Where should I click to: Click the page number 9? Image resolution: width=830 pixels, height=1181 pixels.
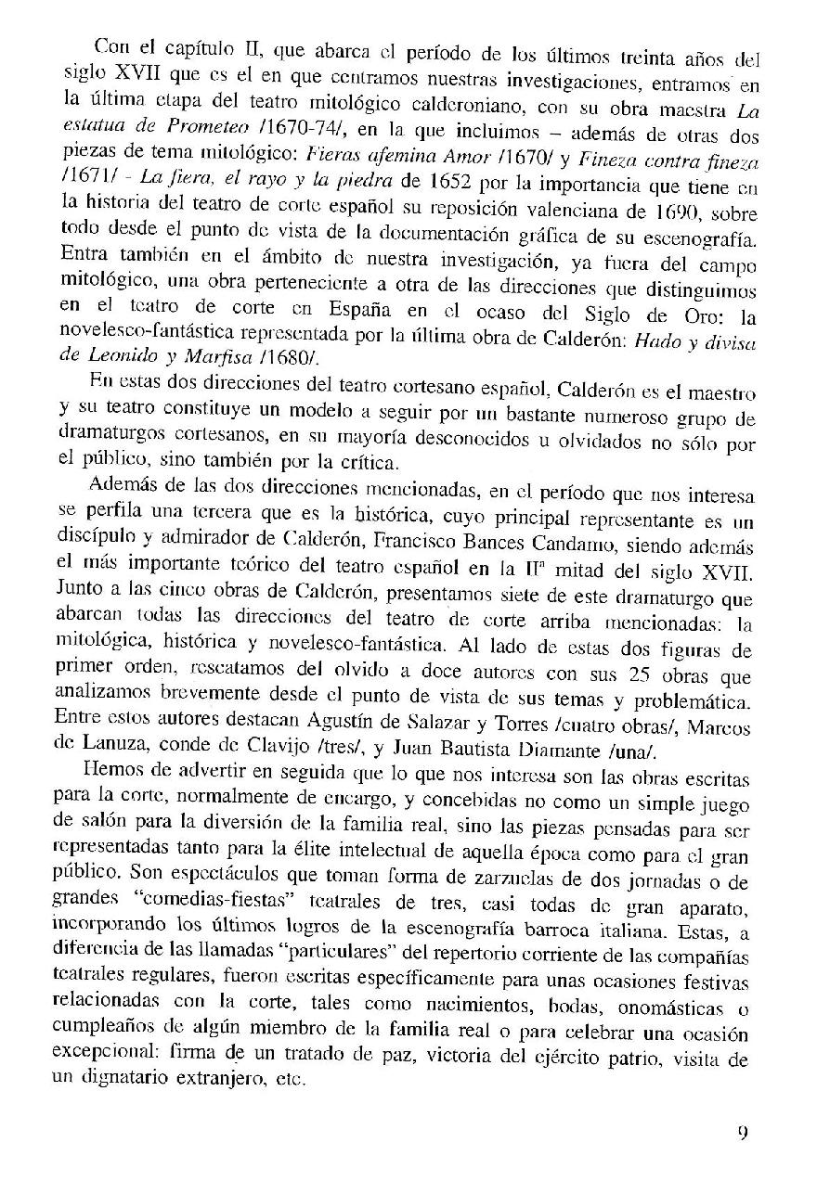pos(743,1131)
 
